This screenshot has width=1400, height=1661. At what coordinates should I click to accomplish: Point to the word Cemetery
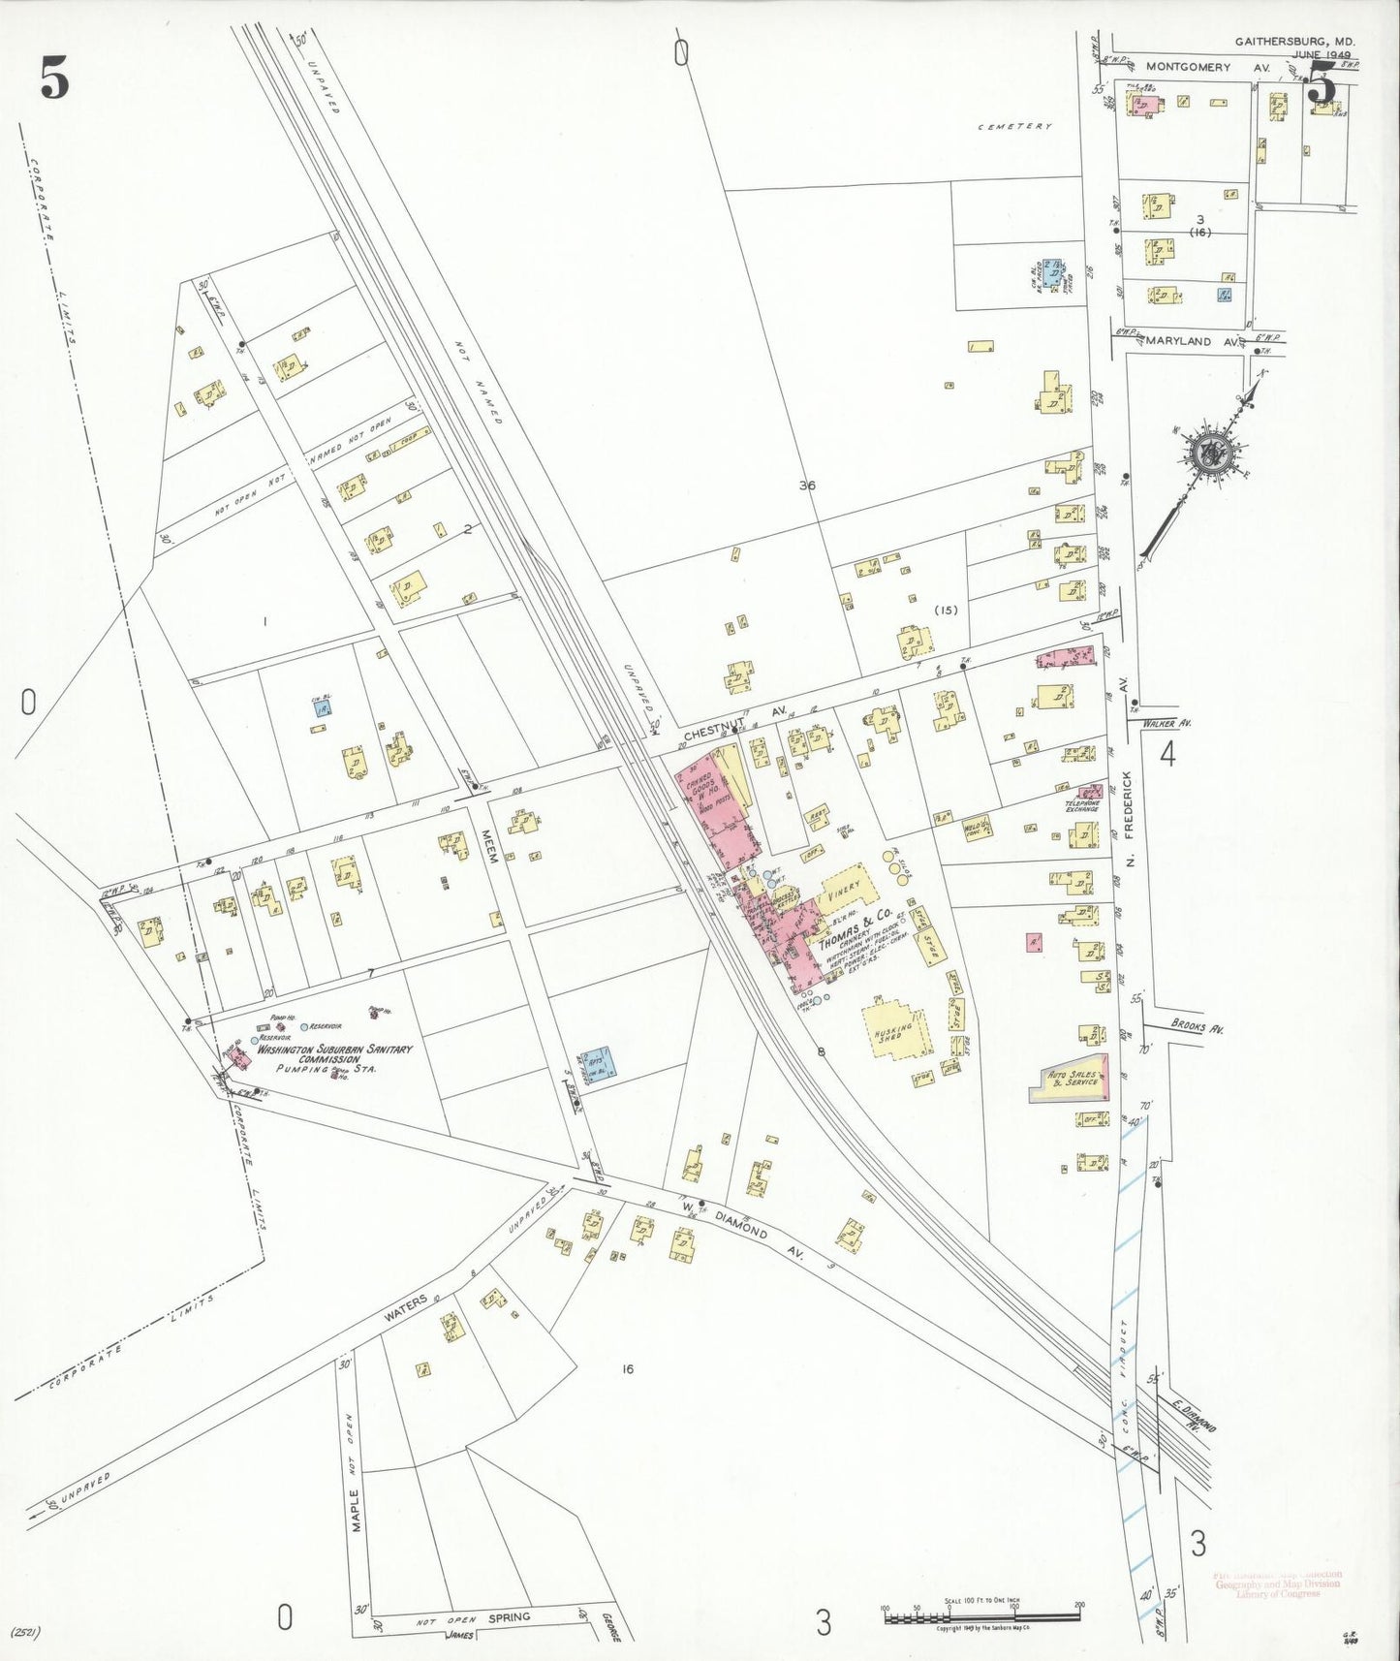[1013, 126]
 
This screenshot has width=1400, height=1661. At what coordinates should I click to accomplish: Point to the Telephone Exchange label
[1082, 805]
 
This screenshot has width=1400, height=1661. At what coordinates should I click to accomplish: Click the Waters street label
[406, 1307]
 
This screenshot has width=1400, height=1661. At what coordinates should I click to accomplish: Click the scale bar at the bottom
[981, 1615]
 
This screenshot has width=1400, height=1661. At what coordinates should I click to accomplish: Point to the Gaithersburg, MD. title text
[1294, 42]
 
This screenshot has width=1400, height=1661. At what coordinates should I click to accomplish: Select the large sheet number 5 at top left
[54, 78]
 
